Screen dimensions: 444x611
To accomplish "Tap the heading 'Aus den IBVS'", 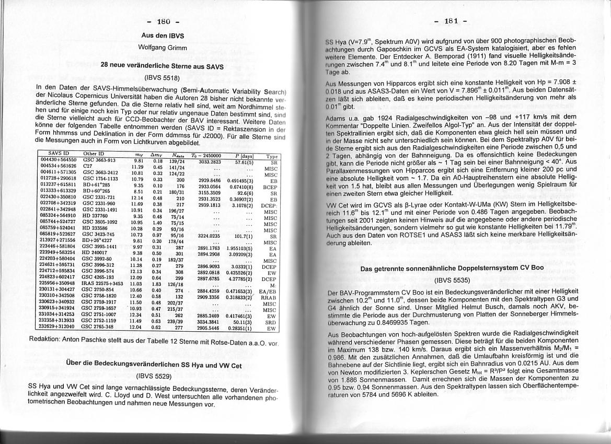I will point(163,36).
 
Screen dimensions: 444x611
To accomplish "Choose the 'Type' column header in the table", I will point(272,156).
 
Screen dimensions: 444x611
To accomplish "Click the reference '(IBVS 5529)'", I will point(154,375).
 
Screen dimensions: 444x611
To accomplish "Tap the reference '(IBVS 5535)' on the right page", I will point(453,279).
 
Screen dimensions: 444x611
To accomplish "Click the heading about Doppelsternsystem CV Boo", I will point(452,268).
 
